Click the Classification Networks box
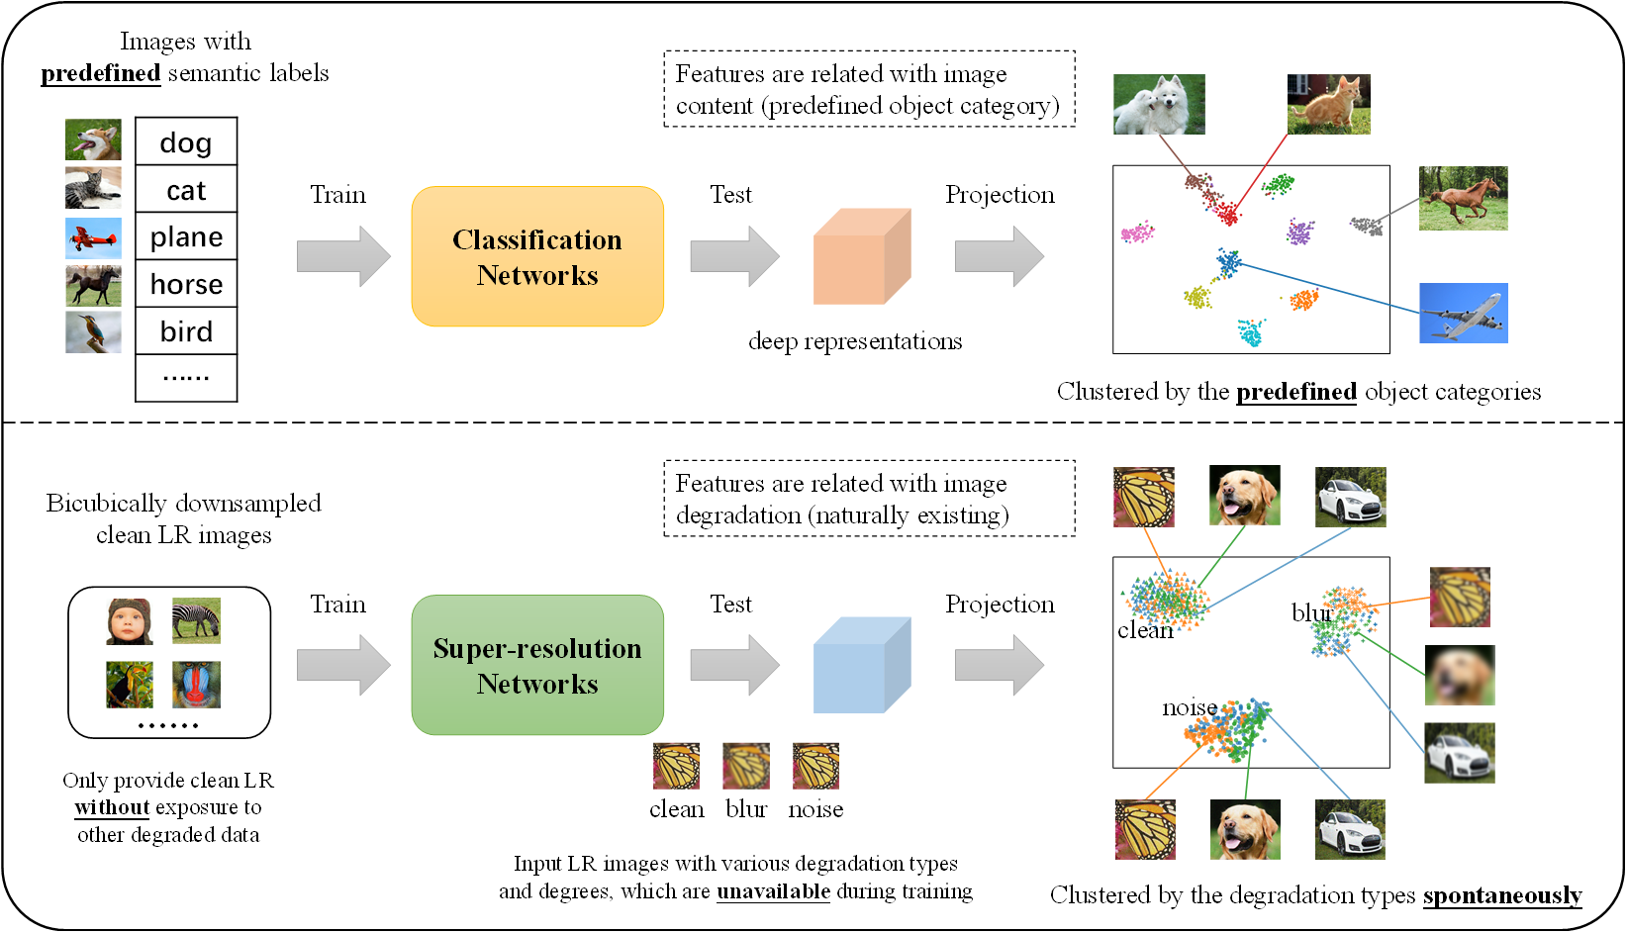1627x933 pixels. coord(537,256)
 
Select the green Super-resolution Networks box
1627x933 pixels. coord(537,665)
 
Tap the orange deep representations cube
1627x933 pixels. coord(861,256)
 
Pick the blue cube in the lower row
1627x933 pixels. coord(861,665)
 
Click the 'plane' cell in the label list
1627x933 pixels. coord(186,236)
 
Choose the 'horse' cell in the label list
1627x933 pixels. coord(186,283)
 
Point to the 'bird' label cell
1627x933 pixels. coord(186,331)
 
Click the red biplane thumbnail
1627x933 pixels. coord(93,237)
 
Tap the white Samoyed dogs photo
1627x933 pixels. coord(1159,104)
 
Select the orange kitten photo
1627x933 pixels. coord(1328,104)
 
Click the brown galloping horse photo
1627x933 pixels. coord(1463,198)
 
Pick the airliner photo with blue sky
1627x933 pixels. coord(1464,313)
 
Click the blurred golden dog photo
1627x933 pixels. coord(1460,675)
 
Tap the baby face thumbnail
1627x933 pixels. coord(130,621)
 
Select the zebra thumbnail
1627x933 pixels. coord(196,620)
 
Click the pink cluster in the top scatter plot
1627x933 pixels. coord(1137,233)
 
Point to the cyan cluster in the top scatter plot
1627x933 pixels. coord(1251,331)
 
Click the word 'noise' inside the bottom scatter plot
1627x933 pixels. coord(1190,707)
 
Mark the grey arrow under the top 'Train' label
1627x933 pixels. coord(343,256)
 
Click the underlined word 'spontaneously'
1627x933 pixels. coord(1502,895)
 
